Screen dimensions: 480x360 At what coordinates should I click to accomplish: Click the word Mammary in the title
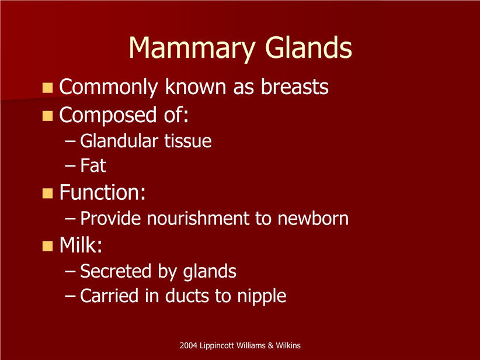pos(192,49)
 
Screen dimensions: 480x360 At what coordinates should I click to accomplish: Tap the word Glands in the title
pos(308,47)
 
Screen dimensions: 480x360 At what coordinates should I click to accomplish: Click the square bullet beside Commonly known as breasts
pos(47,88)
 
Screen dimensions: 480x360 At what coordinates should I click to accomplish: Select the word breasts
pos(294,86)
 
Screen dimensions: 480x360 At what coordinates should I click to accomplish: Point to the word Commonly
pos(109,88)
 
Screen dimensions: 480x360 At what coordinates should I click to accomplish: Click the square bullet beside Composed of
pos(47,116)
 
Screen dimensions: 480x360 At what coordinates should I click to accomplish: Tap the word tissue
pos(188,141)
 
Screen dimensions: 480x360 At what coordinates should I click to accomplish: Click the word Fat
pos(93,165)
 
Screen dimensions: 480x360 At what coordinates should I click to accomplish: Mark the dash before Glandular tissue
pos(70,141)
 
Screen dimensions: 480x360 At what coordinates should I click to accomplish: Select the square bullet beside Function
pos(47,193)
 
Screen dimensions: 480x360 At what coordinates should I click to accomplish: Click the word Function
pos(102,192)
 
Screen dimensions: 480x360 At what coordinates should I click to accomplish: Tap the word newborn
pos(313,218)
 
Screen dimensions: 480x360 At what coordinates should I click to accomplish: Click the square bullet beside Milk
pos(47,246)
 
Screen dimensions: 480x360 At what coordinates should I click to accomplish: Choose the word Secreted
pos(116,271)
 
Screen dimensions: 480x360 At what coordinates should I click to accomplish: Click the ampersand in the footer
pos(270,345)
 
